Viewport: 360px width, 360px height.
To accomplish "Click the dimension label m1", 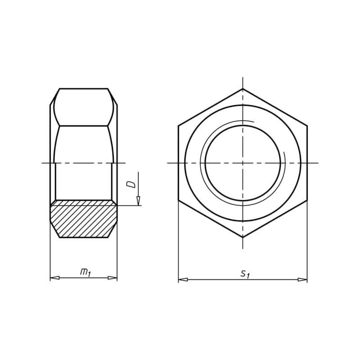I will point(85,272).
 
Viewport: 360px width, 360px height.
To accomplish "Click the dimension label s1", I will point(244,273).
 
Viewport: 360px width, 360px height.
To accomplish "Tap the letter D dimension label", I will point(131,184).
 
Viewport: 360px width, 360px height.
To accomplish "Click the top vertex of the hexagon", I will point(243,89).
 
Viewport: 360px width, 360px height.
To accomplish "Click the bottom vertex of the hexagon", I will point(243,237).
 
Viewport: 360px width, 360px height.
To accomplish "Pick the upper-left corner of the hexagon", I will point(178,126).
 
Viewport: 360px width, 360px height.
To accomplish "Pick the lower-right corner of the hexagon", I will point(307,200).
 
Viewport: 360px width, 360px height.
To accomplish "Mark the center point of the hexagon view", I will point(243,163).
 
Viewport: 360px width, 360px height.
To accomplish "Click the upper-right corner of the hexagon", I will point(307,126).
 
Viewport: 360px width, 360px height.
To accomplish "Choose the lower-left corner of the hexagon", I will point(178,200).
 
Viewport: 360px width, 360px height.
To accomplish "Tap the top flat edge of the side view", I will point(84,89).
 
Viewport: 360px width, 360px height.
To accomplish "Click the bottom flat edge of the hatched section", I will point(84,237).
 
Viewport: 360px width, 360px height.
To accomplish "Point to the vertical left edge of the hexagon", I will point(178,163).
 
